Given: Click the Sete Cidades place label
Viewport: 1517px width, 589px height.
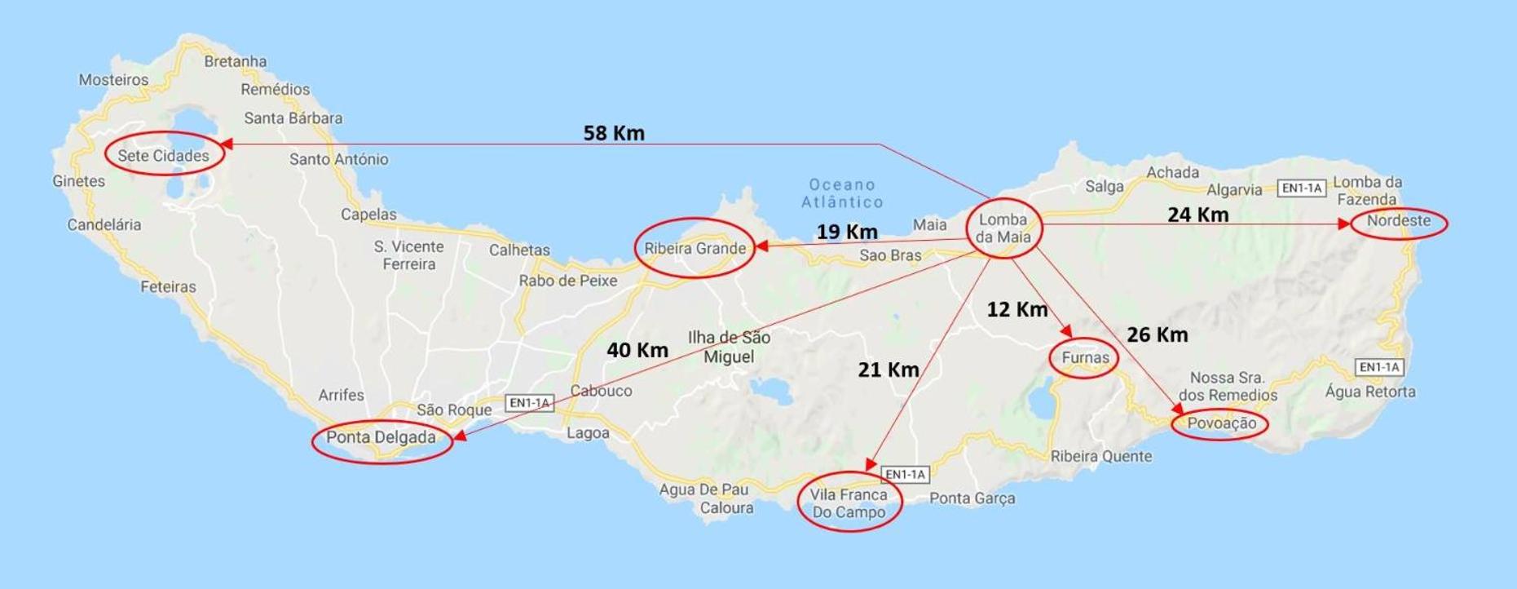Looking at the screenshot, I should tap(163, 156).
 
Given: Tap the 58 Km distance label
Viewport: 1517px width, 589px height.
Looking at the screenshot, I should tap(614, 133).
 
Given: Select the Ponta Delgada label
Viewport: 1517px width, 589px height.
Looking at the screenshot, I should tap(381, 437).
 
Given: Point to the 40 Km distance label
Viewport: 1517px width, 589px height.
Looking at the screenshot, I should tap(637, 350).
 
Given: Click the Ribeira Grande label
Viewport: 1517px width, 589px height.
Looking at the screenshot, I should tap(695, 248).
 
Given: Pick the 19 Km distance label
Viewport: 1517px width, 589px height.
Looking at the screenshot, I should tap(847, 232).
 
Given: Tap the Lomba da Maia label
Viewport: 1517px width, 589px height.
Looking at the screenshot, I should tap(1003, 228).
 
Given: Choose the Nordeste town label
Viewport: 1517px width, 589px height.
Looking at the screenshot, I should tap(1398, 221).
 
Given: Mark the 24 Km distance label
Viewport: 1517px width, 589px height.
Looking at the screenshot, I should tap(1197, 215).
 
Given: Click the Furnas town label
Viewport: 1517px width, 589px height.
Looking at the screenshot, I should tap(1085, 357).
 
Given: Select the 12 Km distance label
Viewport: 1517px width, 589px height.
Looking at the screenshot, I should tap(1016, 309).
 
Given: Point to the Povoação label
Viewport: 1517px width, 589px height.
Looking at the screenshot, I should tap(1221, 423).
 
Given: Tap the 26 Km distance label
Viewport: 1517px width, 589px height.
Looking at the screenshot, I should tap(1157, 334).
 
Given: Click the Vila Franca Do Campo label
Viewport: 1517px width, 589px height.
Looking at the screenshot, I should tap(849, 503).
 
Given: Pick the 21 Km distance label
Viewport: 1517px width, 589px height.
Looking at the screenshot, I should tap(888, 370).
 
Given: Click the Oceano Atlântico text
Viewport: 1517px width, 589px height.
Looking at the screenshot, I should tap(842, 193).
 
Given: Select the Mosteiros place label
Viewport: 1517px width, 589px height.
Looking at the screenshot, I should tap(113, 80).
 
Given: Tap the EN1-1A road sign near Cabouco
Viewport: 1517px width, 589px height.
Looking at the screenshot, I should tap(529, 403).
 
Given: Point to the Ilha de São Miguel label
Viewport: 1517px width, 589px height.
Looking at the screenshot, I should tap(729, 347).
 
